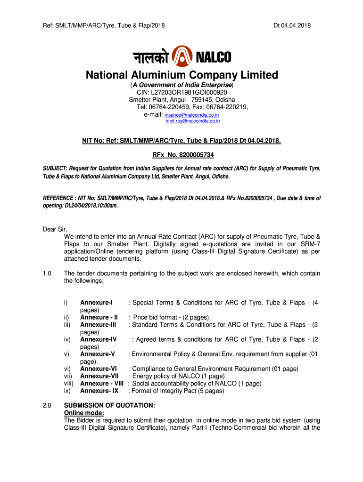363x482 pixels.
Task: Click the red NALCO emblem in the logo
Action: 182,57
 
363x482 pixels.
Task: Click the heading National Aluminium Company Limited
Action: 181,75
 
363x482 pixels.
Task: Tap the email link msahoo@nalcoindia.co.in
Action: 191,115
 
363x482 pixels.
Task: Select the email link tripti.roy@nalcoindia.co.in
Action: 192,121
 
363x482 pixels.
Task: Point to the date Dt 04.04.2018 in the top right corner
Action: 292,25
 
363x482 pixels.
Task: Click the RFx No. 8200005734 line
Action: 181,154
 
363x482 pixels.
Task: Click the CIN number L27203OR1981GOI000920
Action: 182,93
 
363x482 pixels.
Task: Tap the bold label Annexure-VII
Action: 99,376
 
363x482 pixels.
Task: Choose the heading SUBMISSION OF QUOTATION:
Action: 109,405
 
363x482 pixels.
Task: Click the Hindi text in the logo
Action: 149,57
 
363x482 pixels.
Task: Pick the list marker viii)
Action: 69,384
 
